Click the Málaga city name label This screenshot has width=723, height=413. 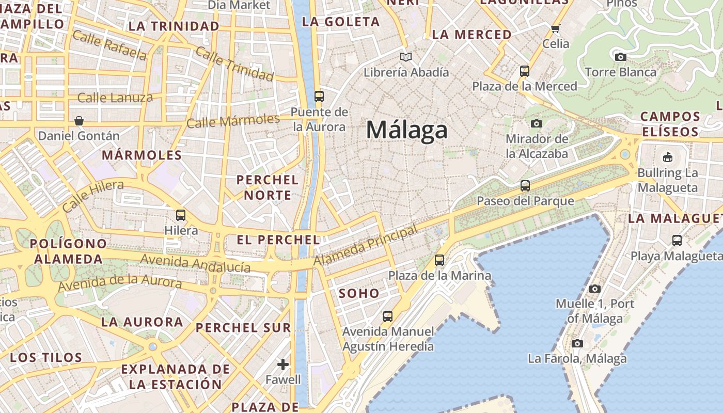pos(406,130)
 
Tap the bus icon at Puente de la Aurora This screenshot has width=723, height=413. pos(319,96)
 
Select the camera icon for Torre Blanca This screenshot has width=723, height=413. pos(621,57)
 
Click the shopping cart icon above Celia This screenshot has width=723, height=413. pos(556,29)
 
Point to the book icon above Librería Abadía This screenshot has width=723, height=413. pos(406,57)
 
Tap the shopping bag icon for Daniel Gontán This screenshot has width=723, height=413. pos(79,121)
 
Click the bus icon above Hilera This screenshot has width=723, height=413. pos(181,215)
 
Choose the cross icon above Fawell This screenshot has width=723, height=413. pos(283,364)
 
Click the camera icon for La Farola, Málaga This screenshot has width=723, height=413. pos(577,343)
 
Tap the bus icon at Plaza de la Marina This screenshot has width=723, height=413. pos(439,260)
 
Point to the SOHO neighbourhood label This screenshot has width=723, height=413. pos(359,293)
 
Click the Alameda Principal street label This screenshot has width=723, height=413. pos(365,246)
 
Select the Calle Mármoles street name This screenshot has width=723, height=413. pos(233,121)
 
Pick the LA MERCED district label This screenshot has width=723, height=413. pos(471,35)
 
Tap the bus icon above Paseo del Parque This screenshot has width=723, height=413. pos(525,186)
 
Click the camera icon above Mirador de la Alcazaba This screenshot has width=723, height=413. pos(537,123)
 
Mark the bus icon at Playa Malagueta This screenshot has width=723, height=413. pos(677,240)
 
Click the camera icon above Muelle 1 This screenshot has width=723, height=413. pos(595,289)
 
